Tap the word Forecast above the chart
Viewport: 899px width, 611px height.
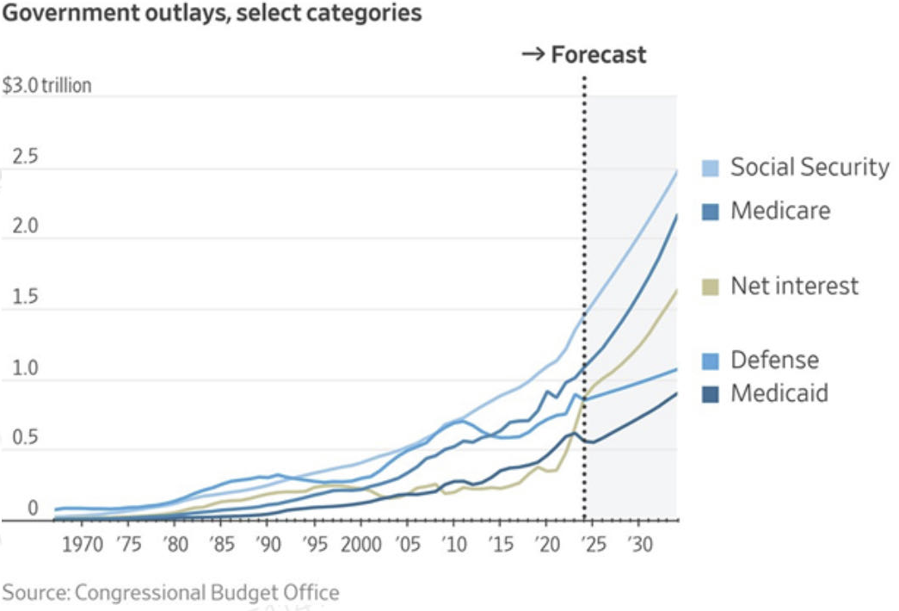coord(598,56)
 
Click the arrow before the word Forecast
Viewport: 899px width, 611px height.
coord(533,56)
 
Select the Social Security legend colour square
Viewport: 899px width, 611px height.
coord(710,168)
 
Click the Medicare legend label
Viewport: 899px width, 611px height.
coord(780,211)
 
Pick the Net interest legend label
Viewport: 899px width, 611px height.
coord(794,286)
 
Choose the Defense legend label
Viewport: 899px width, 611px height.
coord(774,360)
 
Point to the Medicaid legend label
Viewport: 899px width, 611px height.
coord(779,393)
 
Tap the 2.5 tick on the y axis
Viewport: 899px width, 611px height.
coord(26,159)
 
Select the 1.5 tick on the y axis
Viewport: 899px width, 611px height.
coord(26,298)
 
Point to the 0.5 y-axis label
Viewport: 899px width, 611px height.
coord(26,437)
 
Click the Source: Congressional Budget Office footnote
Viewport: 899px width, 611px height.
coord(170,593)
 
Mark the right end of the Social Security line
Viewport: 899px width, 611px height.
coord(676,171)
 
